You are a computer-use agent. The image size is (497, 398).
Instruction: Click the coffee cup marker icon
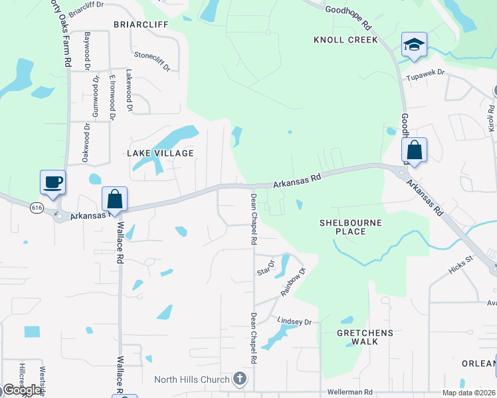(53, 182)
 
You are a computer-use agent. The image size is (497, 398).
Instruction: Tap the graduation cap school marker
(414, 45)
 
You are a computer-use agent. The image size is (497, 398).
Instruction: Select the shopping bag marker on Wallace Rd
(114, 198)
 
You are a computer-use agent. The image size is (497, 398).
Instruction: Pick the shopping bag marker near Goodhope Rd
(414, 150)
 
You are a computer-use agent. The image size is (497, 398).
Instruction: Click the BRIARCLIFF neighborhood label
(141, 24)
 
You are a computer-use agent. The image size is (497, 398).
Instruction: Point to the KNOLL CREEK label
(346, 40)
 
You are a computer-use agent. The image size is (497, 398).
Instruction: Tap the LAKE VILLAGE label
(160, 153)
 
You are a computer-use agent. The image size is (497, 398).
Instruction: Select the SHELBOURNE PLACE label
(351, 227)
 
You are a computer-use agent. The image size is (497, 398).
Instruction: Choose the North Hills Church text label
(193, 380)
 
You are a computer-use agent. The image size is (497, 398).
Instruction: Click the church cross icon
(240, 380)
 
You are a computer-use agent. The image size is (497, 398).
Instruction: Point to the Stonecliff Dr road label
(152, 62)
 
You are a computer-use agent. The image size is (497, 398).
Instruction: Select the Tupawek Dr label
(425, 78)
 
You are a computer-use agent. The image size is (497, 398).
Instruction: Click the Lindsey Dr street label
(294, 321)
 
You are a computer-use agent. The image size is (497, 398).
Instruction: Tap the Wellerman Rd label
(349, 392)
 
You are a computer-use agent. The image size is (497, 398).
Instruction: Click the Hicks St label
(460, 266)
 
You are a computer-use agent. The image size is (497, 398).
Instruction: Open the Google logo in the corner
(21, 390)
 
